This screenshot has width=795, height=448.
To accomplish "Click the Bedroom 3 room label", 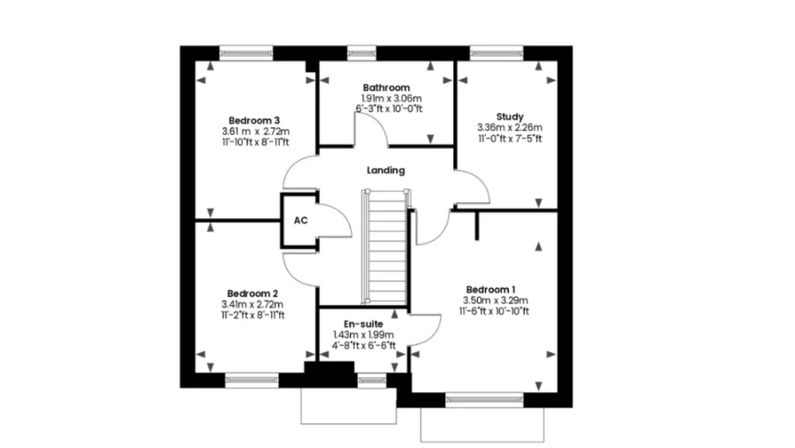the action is [x=254, y=121].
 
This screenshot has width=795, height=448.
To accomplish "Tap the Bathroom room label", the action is [x=386, y=87].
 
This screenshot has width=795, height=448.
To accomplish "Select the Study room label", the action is [x=510, y=117].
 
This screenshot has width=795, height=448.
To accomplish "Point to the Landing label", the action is [x=386, y=171].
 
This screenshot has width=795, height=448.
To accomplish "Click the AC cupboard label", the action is [x=300, y=221].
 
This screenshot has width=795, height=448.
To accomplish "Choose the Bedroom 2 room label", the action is [x=253, y=293].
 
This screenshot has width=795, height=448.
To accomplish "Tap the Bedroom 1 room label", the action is [x=491, y=290].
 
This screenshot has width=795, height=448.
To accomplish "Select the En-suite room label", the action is [x=364, y=324].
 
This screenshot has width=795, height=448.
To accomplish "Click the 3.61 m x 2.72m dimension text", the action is [x=255, y=132].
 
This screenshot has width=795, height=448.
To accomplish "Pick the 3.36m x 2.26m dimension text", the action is [x=510, y=127].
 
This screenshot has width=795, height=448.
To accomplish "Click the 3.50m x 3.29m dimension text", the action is [x=496, y=300].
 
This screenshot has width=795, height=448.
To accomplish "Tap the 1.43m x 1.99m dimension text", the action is [x=363, y=335].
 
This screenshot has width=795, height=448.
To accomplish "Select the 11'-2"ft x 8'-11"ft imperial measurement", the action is [x=253, y=315].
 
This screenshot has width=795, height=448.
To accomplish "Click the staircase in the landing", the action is [x=386, y=247].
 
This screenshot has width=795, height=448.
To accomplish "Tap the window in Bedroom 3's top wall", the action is [x=246, y=53].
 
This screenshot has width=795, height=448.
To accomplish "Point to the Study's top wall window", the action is [x=496, y=53].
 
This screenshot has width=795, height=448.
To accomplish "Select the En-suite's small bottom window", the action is [x=372, y=380].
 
